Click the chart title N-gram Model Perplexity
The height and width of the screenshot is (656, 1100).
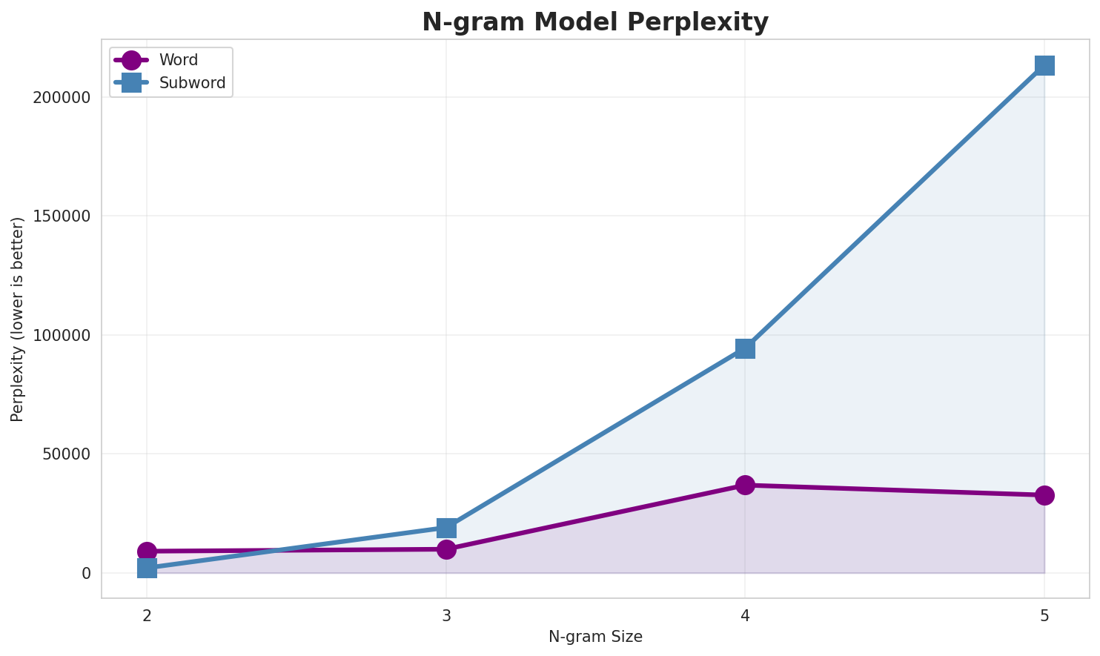[595, 22]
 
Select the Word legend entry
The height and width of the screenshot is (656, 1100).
[178, 60]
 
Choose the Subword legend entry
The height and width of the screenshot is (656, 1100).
[192, 83]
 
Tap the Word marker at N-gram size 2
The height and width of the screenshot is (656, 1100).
[147, 551]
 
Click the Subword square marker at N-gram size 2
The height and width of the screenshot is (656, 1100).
[147, 568]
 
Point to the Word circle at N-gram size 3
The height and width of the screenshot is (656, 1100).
[446, 549]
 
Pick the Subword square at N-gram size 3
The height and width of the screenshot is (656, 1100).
[446, 528]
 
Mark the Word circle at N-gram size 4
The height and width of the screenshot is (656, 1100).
[745, 485]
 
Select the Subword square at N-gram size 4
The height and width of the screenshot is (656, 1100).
[745, 348]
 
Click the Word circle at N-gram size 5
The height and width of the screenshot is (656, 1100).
[1044, 495]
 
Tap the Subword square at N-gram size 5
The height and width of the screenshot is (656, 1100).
[1044, 65]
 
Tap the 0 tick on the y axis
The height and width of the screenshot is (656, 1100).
[86, 573]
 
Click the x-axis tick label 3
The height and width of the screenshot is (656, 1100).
[446, 615]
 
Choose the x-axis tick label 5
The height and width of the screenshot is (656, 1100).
[1044, 615]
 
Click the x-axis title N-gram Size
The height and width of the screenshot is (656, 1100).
[595, 637]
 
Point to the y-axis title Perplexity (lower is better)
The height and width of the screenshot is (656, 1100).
[18, 319]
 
